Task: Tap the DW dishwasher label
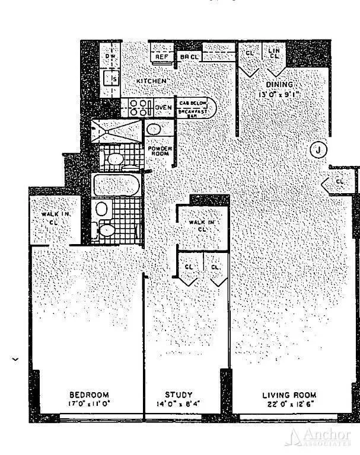[x=110, y=57]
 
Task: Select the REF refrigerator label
[x=160, y=57]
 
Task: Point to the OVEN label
[x=164, y=107]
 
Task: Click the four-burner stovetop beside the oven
[x=139, y=107]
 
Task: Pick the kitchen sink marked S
[x=110, y=78]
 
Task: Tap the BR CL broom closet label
[x=189, y=57]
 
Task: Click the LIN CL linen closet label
[x=273, y=55]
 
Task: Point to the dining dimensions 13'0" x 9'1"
[x=280, y=94]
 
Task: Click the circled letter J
[x=318, y=150]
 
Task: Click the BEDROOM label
[x=89, y=395]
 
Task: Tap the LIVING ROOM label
[x=289, y=395]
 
